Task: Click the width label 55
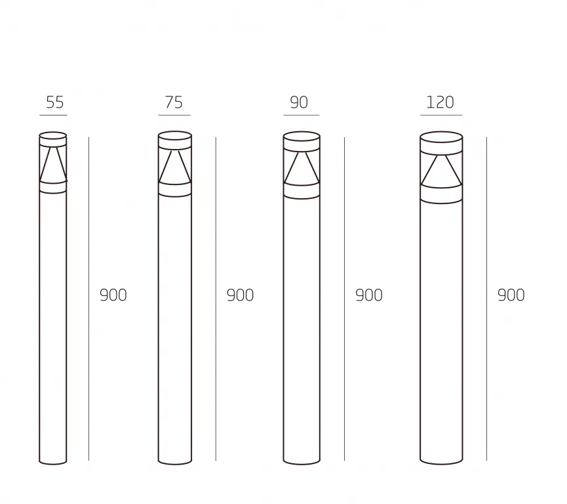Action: point(55,102)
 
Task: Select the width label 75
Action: point(174,102)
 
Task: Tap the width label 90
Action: point(299,102)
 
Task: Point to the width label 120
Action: point(440,102)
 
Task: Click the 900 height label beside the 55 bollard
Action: point(113,295)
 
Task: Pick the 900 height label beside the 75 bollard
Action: point(240,295)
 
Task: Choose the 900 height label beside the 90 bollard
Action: point(369,295)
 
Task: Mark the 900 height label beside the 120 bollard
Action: point(511,295)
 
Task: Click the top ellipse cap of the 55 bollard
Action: point(53,132)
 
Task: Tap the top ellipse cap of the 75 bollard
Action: point(174,131)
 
